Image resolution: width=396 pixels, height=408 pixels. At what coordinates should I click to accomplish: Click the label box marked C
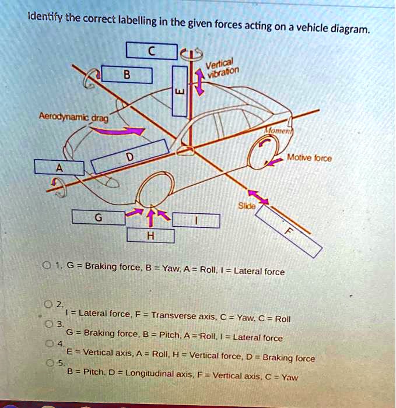point(152,51)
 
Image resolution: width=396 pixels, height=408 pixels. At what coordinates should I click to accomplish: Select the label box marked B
point(127,75)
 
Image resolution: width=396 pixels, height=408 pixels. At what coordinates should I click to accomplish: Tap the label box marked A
point(59,167)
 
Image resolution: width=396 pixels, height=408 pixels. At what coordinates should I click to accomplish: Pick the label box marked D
point(130,156)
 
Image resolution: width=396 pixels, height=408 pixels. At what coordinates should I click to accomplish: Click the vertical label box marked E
point(180,91)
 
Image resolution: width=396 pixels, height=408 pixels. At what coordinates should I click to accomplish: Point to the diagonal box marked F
point(289,231)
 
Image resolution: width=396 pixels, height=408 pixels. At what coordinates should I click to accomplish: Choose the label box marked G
point(99,217)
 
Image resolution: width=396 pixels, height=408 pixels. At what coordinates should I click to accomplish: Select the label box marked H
point(150,235)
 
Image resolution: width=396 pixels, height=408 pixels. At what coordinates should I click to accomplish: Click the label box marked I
point(196,221)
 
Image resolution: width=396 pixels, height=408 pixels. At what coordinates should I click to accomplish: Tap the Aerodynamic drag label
point(73,117)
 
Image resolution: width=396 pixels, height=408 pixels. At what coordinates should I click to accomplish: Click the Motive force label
point(309,158)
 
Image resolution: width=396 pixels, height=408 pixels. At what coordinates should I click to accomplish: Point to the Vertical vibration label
point(222,68)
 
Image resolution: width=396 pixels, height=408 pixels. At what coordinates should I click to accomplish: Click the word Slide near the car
point(247,206)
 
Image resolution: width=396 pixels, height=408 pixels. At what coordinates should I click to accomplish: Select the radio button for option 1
point(47,265)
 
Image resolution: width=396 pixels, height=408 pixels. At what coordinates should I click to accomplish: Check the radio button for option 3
point(48,324)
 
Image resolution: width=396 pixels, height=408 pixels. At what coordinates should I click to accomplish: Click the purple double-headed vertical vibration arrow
point(199,82)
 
